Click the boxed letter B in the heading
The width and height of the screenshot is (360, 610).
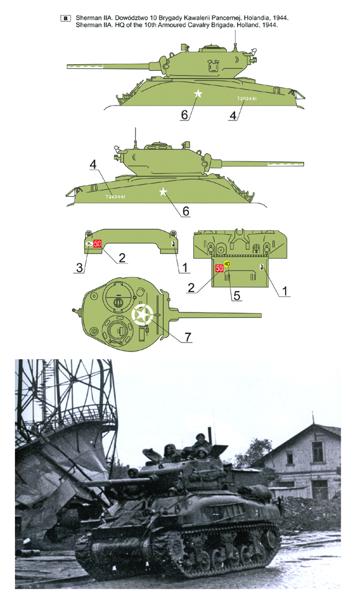[x=65, y=19]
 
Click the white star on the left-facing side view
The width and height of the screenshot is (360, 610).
[x=199, y=94]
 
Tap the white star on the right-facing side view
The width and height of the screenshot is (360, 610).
[x=162, y=192]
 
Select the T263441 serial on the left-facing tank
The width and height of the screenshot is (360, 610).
[x=247, y=98]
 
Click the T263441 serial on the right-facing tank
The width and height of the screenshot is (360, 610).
[x=115, y=196]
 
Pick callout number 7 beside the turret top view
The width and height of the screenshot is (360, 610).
[x=188, y=337]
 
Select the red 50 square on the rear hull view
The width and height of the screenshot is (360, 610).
[x=219, y=268]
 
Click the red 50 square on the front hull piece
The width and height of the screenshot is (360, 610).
[x=98, y=243]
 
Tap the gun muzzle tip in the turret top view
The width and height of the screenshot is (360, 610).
[x=260, y=315]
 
